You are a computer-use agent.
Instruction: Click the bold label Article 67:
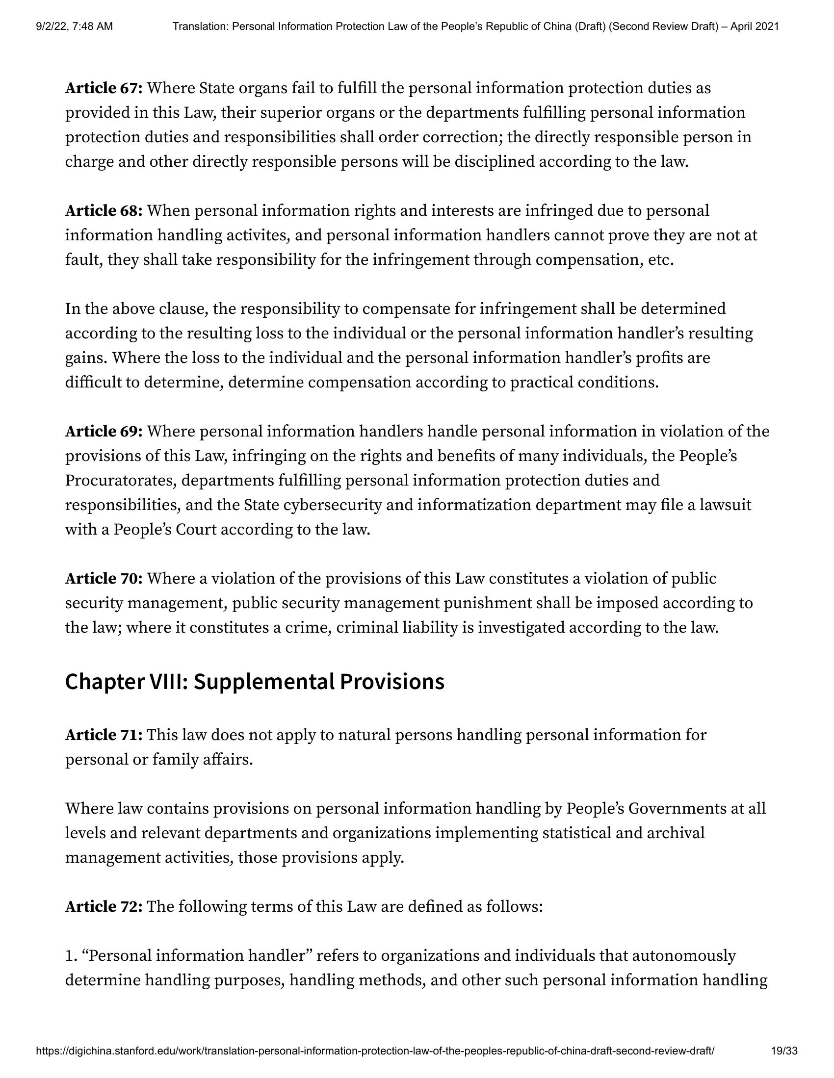(x=104, y=88)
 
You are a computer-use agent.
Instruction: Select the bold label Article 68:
(x=104, y=211)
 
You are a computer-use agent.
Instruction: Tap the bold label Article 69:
(x=104, y=432)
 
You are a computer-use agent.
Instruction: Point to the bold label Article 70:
(x=104, y=579)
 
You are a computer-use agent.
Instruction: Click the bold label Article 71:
(x=104, y=735)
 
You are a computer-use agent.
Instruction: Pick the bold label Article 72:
(x=104, y=907)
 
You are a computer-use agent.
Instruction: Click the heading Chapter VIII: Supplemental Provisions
(x=255, y=682)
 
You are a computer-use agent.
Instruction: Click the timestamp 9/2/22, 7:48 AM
(x=74, y=26)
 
